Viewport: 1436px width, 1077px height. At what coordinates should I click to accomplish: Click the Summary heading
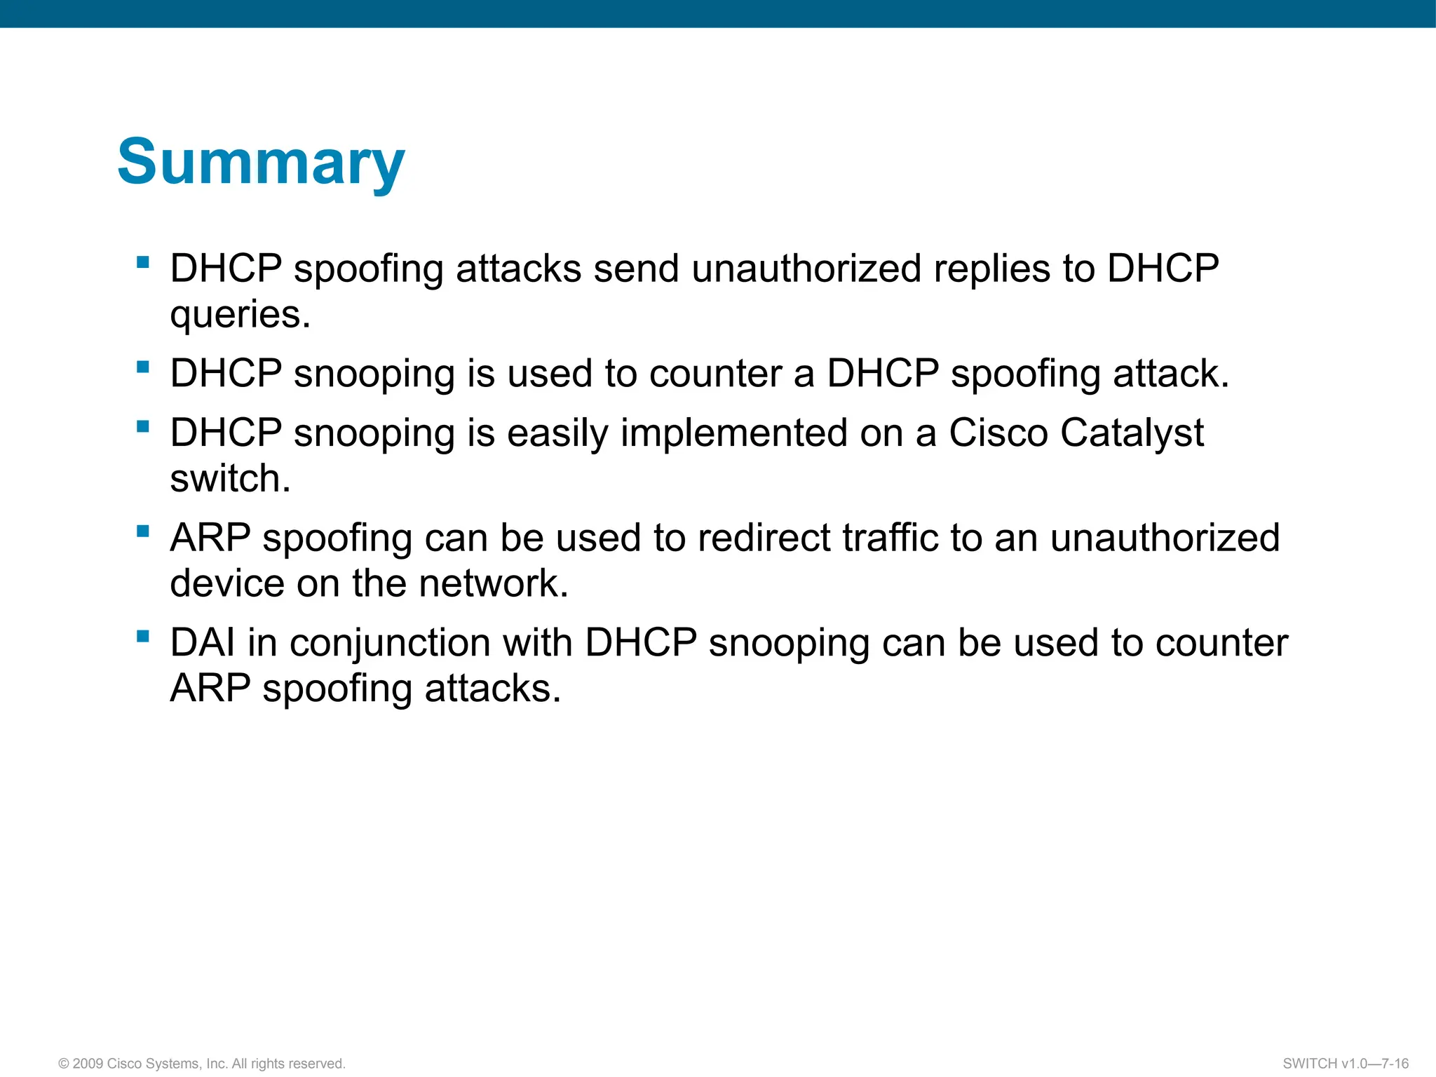tap(261, 163)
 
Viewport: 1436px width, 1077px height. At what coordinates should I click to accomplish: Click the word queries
tap(240, 315)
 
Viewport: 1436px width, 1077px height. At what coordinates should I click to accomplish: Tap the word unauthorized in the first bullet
tap(806, 269)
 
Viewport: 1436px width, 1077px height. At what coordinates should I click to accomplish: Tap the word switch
tap(230, 479)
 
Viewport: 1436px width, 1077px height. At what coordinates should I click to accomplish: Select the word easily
tap(557, 434)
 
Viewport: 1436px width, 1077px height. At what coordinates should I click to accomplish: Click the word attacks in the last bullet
tap(492, 689)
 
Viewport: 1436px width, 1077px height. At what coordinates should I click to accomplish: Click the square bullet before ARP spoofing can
tap(144, 531)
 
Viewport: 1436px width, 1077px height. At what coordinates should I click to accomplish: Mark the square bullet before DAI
tap(144, 636)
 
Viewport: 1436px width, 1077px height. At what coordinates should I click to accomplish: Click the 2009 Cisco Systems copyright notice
tap(202, 1064)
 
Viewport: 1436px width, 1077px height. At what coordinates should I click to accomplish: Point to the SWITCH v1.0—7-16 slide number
tap(1345, 1064)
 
